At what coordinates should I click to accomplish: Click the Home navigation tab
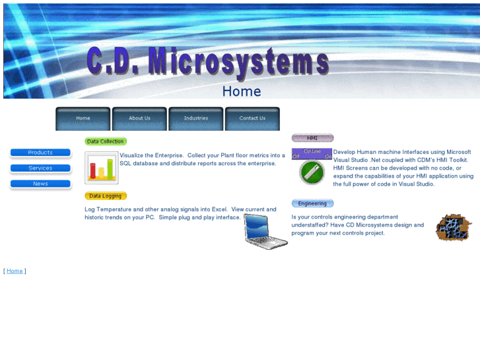click(x=83, y=118)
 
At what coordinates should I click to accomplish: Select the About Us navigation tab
click(x=139, y=118)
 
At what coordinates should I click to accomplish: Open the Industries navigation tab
click(x=196, y=118)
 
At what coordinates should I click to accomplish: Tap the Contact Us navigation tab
click(x=252, y=118)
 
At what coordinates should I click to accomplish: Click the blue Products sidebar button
click(x=40, y=153)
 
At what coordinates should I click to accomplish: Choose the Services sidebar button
click(x=40, y=168)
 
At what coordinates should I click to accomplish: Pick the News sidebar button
click(x=40, y=184)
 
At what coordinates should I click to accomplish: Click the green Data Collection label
click(x=106, y=141)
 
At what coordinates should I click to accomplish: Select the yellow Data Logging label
click(x=106, y=196)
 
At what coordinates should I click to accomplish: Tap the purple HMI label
click(x=312, y=138)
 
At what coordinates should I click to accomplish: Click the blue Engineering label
click(x=312, y=203)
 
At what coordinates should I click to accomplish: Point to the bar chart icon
click(x=101, y=168)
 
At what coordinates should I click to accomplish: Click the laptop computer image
click(x=265, y=231)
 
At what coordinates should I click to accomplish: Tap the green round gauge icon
click(x=312, y=172)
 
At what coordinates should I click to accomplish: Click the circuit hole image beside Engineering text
click(x=453, y=228)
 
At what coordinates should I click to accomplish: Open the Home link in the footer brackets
click(x=15, y=271)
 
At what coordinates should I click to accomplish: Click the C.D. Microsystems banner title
click(x=207, y=62)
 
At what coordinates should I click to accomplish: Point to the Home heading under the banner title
click(x=241, y=91)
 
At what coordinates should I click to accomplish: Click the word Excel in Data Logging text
click(x=219, y=209)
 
